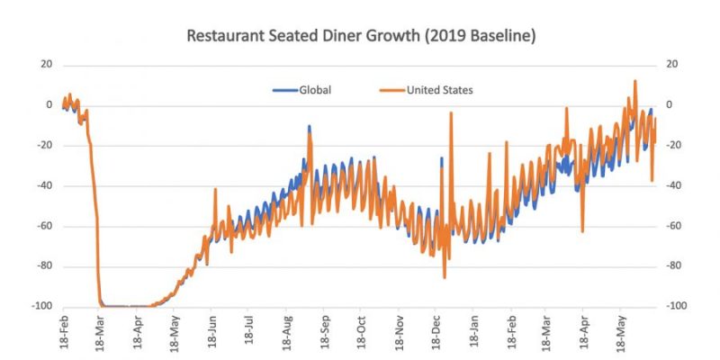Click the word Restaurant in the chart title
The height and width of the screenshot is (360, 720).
(225, 37)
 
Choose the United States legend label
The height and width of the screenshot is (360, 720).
(440, 90)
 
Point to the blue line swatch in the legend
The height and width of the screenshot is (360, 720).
(285, 90)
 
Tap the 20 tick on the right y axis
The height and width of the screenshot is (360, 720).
(670, 65)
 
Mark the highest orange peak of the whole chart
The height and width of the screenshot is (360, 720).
(635, 81)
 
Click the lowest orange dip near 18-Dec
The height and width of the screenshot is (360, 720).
(444, 277)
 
